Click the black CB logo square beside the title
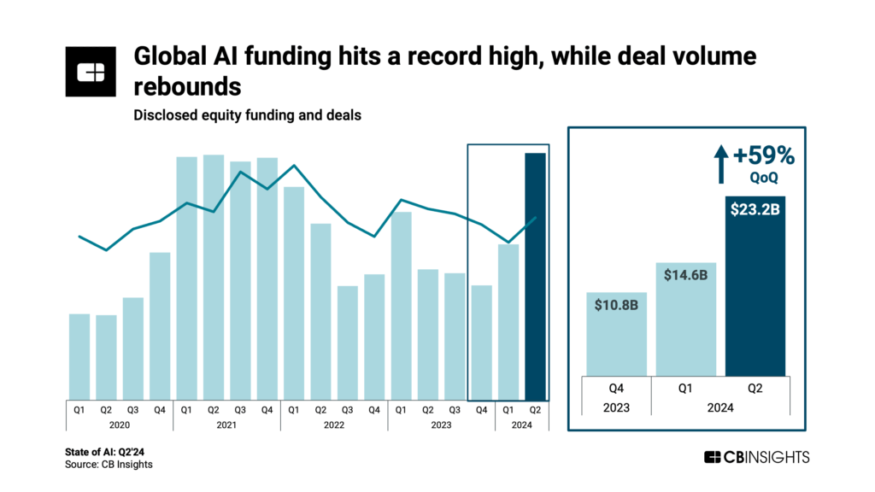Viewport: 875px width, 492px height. coord(90,72)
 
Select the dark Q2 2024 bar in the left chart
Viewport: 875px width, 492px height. coord(535,275)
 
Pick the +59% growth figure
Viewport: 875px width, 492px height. coord(764,156)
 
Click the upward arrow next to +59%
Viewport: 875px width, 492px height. coord(721,162)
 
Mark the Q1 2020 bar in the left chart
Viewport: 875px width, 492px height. coord(79,355)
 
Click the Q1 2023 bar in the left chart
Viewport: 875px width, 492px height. coord(401,305)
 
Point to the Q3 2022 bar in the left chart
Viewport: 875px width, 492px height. coord(347,342)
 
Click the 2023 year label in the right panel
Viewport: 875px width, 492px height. coord(615,407)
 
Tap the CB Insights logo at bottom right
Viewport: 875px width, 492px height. coord(756,457)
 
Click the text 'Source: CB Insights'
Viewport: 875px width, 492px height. coord(109,464)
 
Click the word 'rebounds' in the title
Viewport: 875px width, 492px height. coord(187,87)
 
